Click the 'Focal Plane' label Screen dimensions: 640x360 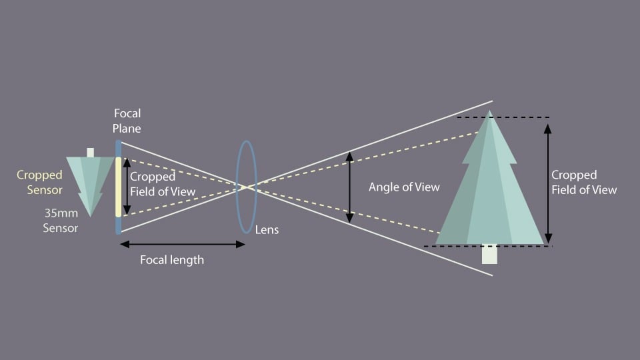click(x=127, y=121)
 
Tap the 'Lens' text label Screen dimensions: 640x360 click(x=267, y=230)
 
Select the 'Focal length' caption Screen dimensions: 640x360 click(x=172, y=260)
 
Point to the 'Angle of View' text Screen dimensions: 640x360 click(x=404, y=187)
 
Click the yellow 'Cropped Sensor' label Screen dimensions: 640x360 click(x=39, y=183)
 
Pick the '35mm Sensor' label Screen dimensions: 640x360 click(x=61, y=221)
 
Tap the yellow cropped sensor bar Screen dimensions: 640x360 click(x=119, y=187)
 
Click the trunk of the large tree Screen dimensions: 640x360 click(x=489, y=254)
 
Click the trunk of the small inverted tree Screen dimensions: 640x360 click(x=90, y=153)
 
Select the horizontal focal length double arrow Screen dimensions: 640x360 click(x=183, y=245)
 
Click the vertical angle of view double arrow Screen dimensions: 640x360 click(x=349, y=187)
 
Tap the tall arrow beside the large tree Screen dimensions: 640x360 click(x=548, y=184)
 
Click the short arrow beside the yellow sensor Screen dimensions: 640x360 click(x=127, y=186)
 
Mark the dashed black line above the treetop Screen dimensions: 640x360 click(x=503, y=117)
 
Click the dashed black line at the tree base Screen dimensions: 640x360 click(x=488, y=247)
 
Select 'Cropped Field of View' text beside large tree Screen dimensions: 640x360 click(x=584, y=183)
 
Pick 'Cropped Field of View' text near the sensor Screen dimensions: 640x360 click(x=163, y=184)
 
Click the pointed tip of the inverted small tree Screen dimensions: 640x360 click(x=90, y=216)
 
